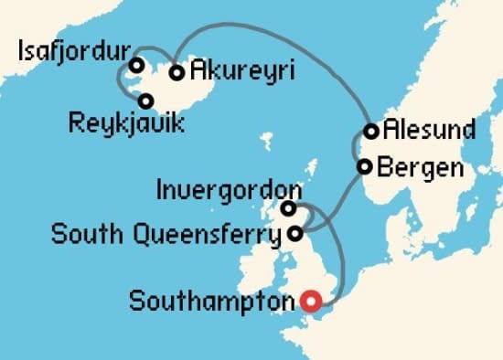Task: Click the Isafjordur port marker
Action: point(136,66)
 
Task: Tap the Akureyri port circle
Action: point(177,72)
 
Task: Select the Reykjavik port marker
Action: point(145,101)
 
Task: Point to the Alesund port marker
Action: point(371,131)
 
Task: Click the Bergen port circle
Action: point(364,166)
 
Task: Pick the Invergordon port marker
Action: point(288,208)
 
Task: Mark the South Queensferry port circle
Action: point(294,234)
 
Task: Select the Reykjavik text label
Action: point(126,122)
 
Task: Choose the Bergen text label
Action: point(417,168)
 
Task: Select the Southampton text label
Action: point(216,300)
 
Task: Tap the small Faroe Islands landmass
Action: point(267,143)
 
